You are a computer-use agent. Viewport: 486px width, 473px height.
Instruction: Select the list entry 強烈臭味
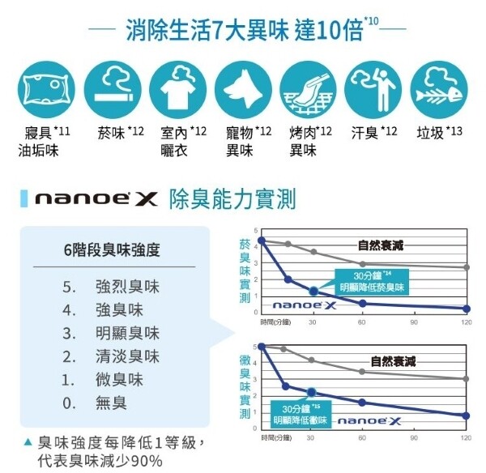[x=127, y=287]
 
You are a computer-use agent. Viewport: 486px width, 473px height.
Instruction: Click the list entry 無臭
[x=111, y=403]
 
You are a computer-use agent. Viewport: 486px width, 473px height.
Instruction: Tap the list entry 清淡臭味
[x=127, y=356]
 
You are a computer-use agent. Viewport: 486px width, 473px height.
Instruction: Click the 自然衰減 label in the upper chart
[x=381, y=245]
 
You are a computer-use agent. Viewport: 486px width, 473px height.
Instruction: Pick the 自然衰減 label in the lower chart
[x=393, y=360]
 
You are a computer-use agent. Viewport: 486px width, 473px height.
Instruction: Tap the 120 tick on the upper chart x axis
[x=466, y=322]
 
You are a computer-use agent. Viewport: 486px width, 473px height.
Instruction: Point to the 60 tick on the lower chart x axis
[x=362, y=438]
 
